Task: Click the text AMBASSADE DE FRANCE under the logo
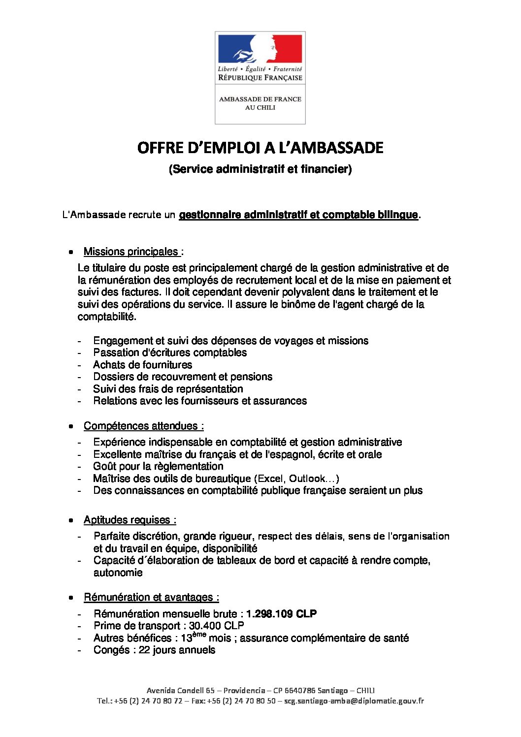click(x=260, y=99)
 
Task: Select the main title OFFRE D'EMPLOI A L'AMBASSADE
click(x=260, y=148)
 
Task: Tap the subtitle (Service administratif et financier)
click(x=260, y=169)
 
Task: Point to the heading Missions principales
click(x=131, y=252)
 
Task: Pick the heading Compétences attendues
click(x=143, y=426)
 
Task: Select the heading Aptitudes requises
click(x=130, y=520)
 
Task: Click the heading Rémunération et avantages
click(x=151, y=597)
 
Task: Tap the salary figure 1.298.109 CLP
click(x=281, y=614)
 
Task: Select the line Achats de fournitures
click(x=142, y=365)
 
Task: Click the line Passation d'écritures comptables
click(x=170, y=352)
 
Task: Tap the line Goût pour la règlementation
click(x=158, y=466)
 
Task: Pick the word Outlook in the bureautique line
click(x=307, y=479)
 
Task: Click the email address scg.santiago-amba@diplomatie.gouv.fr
click(x=354, y=701)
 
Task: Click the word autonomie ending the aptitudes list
click(x=118, y=573)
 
